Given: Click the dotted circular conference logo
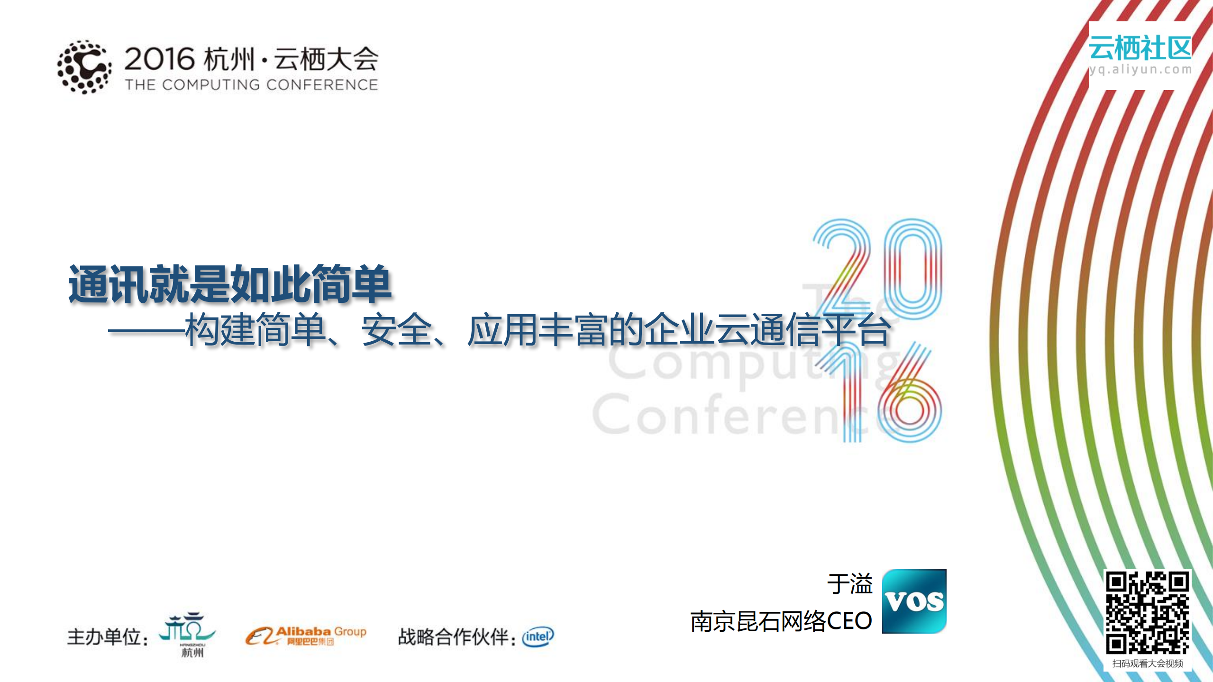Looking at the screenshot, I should coord(84,67).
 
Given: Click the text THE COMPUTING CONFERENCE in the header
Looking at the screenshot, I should coord(251,85).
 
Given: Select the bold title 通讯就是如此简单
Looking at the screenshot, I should coord(230,284).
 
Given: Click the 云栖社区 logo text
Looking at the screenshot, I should coord(1140,48).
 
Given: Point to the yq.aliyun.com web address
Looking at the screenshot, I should coord(1140,70).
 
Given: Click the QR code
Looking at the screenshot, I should coord(1147,612).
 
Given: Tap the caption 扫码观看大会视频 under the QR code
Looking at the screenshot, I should coord(1148,664).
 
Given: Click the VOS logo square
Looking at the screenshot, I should coord(914,601).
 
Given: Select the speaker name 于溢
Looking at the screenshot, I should coord(849,583).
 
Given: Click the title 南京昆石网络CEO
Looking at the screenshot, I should coord(781,621).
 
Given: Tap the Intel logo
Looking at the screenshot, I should coord(538,637).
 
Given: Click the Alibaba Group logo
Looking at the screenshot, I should coord(306,635).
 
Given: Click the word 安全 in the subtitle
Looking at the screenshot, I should coord(396,330).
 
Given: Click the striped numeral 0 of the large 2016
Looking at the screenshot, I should coord(913,268).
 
